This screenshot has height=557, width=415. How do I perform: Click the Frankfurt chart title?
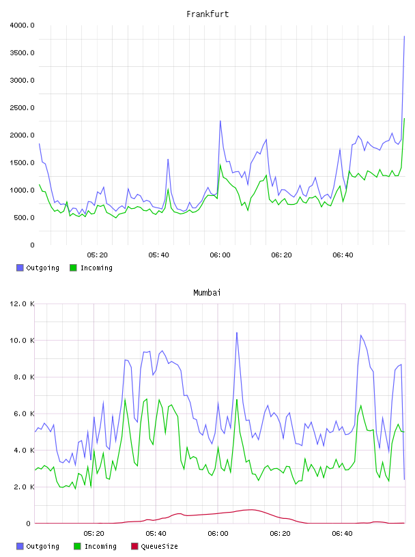(207, 14)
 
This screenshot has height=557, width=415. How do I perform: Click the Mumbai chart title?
(207, 293)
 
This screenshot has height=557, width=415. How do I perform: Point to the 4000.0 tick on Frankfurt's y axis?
(22, 25)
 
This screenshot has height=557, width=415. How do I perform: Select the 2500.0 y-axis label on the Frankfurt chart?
(22, 108)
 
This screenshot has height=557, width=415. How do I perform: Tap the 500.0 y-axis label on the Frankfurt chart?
(24, 217)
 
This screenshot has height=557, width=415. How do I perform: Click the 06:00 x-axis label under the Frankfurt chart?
(220, 255)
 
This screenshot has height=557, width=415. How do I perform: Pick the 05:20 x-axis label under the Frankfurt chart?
(97, 255)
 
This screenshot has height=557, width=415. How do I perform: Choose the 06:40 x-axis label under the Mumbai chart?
(342, 534)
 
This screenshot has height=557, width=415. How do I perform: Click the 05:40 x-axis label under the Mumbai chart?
(156, 534)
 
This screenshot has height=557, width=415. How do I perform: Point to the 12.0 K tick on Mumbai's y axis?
(22, 304)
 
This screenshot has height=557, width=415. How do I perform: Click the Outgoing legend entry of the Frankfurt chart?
(38, 268)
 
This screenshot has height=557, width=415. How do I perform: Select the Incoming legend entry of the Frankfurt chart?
(91, 268)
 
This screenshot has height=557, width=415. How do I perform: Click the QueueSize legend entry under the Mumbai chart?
(154, 546)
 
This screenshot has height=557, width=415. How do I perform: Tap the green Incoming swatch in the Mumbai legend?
(77, 546)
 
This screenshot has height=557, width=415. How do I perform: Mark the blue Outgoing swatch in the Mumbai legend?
(20, 546)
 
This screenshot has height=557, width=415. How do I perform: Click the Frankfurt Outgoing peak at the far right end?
(404, 36)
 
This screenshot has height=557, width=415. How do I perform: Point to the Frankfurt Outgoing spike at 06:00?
(220, 121)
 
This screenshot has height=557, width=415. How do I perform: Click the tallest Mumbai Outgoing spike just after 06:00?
(237, 333)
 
